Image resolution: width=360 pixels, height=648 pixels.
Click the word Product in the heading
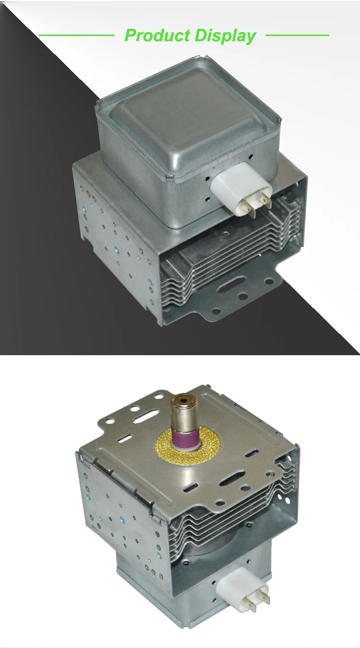(157, 36)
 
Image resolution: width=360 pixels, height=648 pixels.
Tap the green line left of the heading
(76, 35)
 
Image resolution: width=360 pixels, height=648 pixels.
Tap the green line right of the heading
(297, 35)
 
